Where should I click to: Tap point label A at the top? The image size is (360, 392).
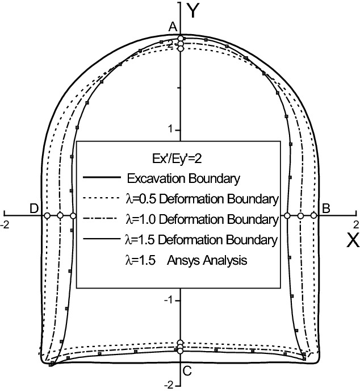point(173,27)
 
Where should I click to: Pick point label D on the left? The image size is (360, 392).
point(35,208)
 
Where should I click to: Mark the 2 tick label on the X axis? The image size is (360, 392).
point(355,224)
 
